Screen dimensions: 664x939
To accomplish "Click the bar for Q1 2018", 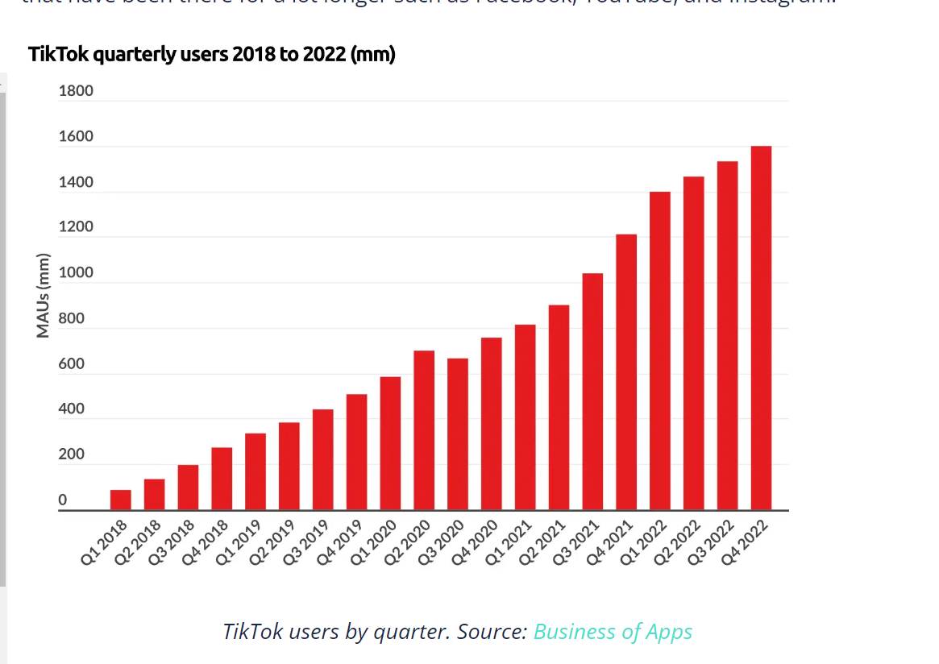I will [121, 500].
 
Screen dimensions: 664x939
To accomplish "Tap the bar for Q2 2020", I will [424, 430].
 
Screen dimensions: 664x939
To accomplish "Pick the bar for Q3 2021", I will [592, 392].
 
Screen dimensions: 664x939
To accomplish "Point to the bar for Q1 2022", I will [660, 351].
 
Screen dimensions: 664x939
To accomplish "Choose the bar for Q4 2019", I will [356, 452].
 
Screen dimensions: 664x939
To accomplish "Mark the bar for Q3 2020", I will [458, 434].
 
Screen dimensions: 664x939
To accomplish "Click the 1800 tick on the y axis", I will [76, 91].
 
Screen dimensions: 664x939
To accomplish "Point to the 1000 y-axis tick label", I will [76, 273].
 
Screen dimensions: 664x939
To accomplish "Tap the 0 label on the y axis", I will [63, 500].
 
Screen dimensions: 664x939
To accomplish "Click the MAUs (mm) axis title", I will [44, 296].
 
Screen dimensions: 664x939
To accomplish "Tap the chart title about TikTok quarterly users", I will [211, 55].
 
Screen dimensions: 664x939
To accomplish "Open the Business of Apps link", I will [613, 631].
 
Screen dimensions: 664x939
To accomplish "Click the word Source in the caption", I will [492, 631].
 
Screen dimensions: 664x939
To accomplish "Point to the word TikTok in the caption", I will [252, 631].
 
